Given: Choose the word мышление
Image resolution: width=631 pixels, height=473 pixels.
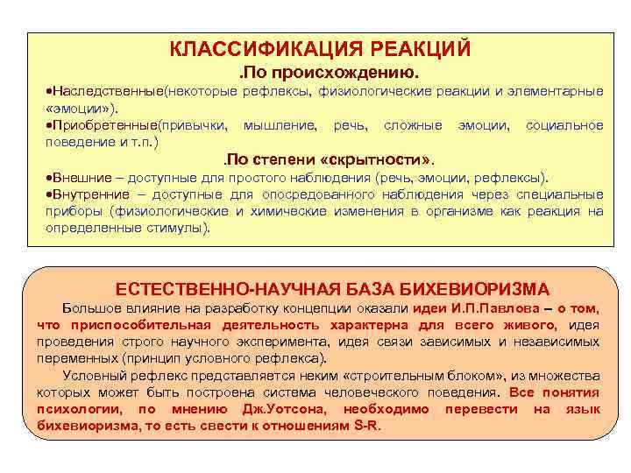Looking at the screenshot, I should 280,126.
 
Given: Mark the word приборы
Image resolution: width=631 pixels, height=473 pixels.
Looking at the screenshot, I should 74,211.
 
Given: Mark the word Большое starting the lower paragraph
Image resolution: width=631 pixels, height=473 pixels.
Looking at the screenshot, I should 91,308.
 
